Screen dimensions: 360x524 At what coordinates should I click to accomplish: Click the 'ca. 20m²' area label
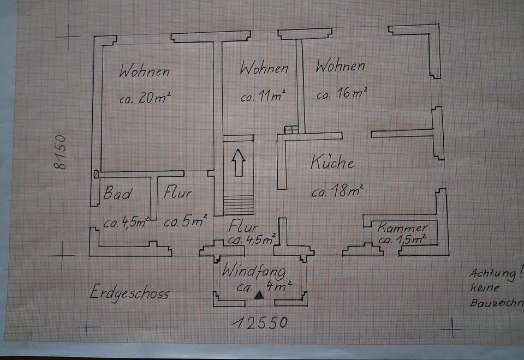pyautogui.click(x=146, y=98)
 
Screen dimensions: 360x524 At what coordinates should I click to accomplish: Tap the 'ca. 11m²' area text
pyautogui.click(x=264, y=97)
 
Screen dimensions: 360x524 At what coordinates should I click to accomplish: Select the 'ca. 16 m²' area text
pyautogui.click(x=342, y=93)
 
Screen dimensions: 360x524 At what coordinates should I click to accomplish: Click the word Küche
pyautogui.click(x=332, y=162)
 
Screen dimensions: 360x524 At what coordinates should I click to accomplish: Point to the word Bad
pyautogui.click(x=118, y=193)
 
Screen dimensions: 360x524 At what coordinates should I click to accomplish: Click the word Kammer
pyautogui.click(x=402, y=227)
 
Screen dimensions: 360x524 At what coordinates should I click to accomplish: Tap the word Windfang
pyautogui.click(x=253, y=270)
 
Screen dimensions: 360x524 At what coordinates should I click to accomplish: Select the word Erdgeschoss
pyautogui.click(x=130, y=293)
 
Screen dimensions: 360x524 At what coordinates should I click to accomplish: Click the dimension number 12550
pyautogui.click(x=259, y=322)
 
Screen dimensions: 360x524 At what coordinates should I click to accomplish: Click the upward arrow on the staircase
pyautogui.click(x=238, y=163)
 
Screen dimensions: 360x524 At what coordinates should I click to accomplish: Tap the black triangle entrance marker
pyautogui.click(x=259, y=296)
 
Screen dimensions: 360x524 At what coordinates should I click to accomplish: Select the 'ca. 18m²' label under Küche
pyautogui.click(x=337, y=191)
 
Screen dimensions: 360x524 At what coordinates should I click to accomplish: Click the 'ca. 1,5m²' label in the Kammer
pyautogui.click(x=403, y=239)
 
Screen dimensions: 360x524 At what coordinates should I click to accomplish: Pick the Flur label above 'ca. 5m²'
pyautogui.click(x=178, y=193)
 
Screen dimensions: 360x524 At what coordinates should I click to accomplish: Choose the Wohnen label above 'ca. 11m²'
pyautogui.click(x=264, y=69)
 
